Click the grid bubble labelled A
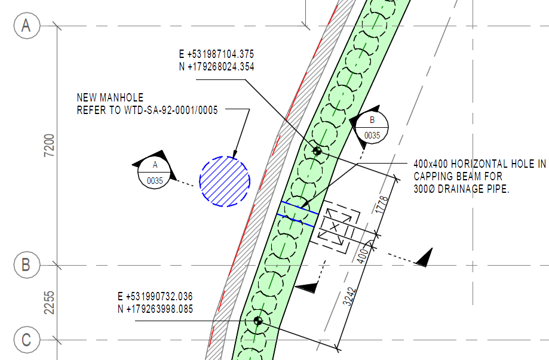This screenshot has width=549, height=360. pos(27,26)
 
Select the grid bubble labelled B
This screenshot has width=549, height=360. pos(27,265)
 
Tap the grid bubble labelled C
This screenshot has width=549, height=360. pos(27,340)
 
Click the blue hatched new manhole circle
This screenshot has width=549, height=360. pos(225,181)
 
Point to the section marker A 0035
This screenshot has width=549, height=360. pos(154,173)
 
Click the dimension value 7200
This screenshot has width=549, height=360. pos(50,145)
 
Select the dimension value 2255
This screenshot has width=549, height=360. pos(50,302)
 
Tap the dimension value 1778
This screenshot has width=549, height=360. pos(382,205)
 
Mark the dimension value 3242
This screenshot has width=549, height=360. pos(349,296)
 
